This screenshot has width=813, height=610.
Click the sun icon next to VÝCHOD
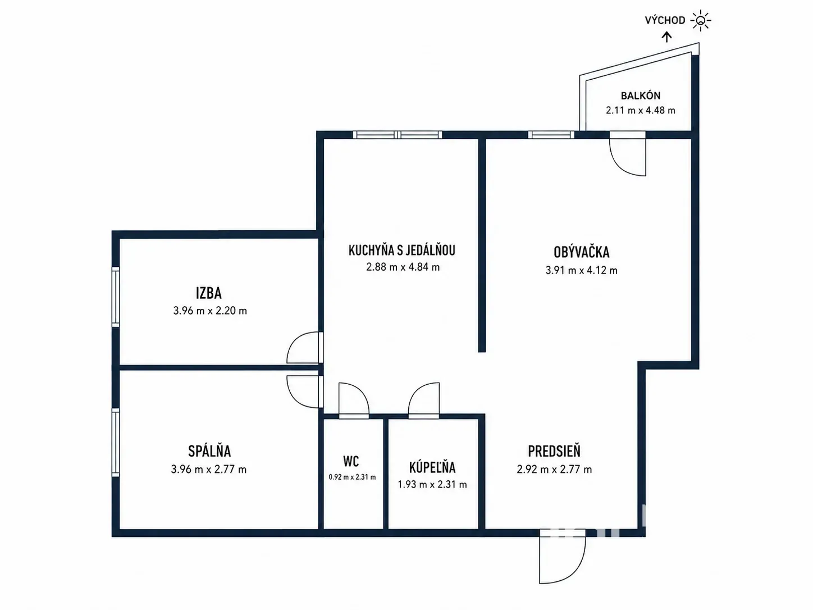point(700,20)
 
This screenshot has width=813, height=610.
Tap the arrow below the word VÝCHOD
point(666,37)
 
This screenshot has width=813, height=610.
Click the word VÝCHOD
point(665,20)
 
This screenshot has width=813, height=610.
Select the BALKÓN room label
point(641,95)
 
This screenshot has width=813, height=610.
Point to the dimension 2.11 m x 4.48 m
point(641,110)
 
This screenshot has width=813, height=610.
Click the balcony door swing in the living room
point(627,153)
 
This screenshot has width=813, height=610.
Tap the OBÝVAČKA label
point(581,252)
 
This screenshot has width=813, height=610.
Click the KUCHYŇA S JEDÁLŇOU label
point(402,251)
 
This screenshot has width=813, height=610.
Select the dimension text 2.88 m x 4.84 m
point(403,267)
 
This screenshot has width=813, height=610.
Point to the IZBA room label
point(208,293)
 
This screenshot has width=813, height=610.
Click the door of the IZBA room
point(304,348)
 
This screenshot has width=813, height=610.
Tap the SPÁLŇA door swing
point(304,392)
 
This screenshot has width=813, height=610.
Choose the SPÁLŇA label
point(209,451)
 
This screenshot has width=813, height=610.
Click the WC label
point(351,462)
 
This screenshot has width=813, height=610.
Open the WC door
point(354,400)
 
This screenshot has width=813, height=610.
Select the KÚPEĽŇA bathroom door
point(424,400)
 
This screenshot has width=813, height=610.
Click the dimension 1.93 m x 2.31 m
point(432,484)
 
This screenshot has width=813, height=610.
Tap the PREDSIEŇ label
point(554,451)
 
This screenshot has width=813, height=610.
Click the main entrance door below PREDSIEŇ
point(562,556)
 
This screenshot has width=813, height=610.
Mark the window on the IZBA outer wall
point(116,297)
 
